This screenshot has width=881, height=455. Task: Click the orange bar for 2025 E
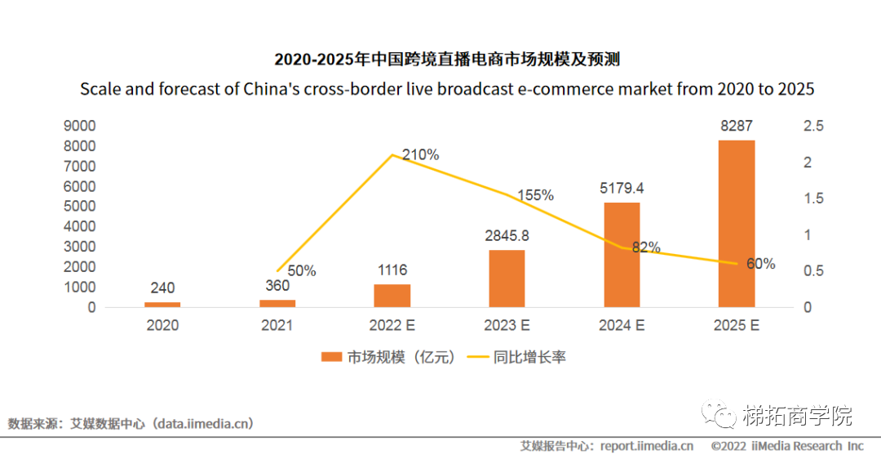tap(737, 224)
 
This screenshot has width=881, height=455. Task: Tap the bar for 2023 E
tap(507, 279)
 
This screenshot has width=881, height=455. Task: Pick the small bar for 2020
tap(162, 304)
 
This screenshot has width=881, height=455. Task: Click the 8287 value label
tap(737, 127)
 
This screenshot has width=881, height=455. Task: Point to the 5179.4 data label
tap(621, 189)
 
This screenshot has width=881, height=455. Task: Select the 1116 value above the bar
tap(392, 270)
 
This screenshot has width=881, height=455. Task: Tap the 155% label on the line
tap(537, 195)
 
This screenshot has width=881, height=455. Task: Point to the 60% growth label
tap(760, 264)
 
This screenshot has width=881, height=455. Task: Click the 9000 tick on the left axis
tap(80, 127)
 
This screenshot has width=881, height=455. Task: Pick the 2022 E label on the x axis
tap(392, 325)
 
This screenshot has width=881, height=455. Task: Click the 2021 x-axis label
tap(277, 325)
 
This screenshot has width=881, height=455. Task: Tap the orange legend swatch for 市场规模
tap(331, 357)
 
